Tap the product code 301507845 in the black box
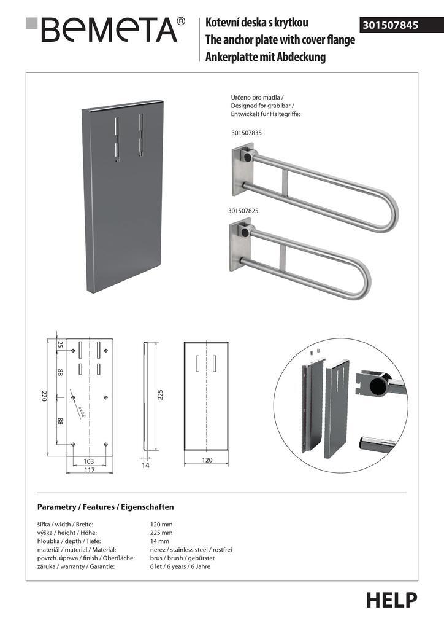[391, 25]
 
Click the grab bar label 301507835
[247, 133]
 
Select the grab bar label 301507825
[243, 211]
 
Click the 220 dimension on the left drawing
[44, 397]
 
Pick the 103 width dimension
[89, 460]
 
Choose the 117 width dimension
[89, 471]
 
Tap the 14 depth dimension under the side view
[146, 466]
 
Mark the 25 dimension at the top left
[60, 345]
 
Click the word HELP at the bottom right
[392, 600]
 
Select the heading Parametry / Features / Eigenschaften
[105, 507]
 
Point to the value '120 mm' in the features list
[161, 524]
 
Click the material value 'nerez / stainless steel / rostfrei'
[191, 549]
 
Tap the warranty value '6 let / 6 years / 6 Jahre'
[180, 566]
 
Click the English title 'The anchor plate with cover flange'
[280, 41]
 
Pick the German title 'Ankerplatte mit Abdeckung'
[266, 58]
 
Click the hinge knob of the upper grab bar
[247, 157]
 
